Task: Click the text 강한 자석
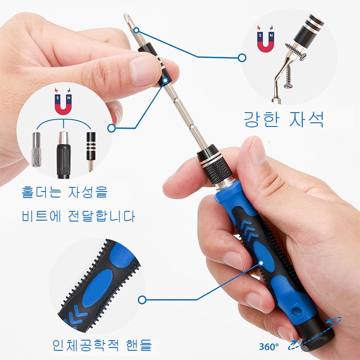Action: tap(284, 119)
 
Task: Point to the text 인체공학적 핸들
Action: tap(102, 345)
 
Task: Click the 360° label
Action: tap(269, 347)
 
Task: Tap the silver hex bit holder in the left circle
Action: tap(36, 150)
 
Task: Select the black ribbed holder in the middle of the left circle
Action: tap(63, 155)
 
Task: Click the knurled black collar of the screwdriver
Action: tap(217, 170)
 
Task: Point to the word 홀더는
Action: tap(42, 192)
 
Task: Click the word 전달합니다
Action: tap(102, 216)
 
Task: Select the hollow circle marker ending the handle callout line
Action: tap(142, 300)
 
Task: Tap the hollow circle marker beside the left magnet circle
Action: tap(112, 128)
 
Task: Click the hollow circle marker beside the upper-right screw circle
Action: tap(242, 58)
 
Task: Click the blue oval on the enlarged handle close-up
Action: tap(97, 288)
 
